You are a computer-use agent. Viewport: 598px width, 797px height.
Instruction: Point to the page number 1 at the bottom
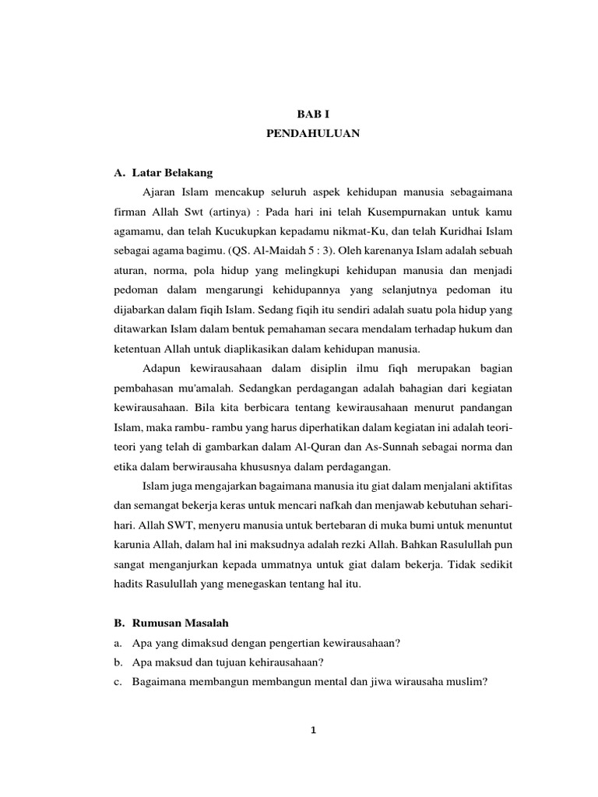(x=312, y=730)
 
